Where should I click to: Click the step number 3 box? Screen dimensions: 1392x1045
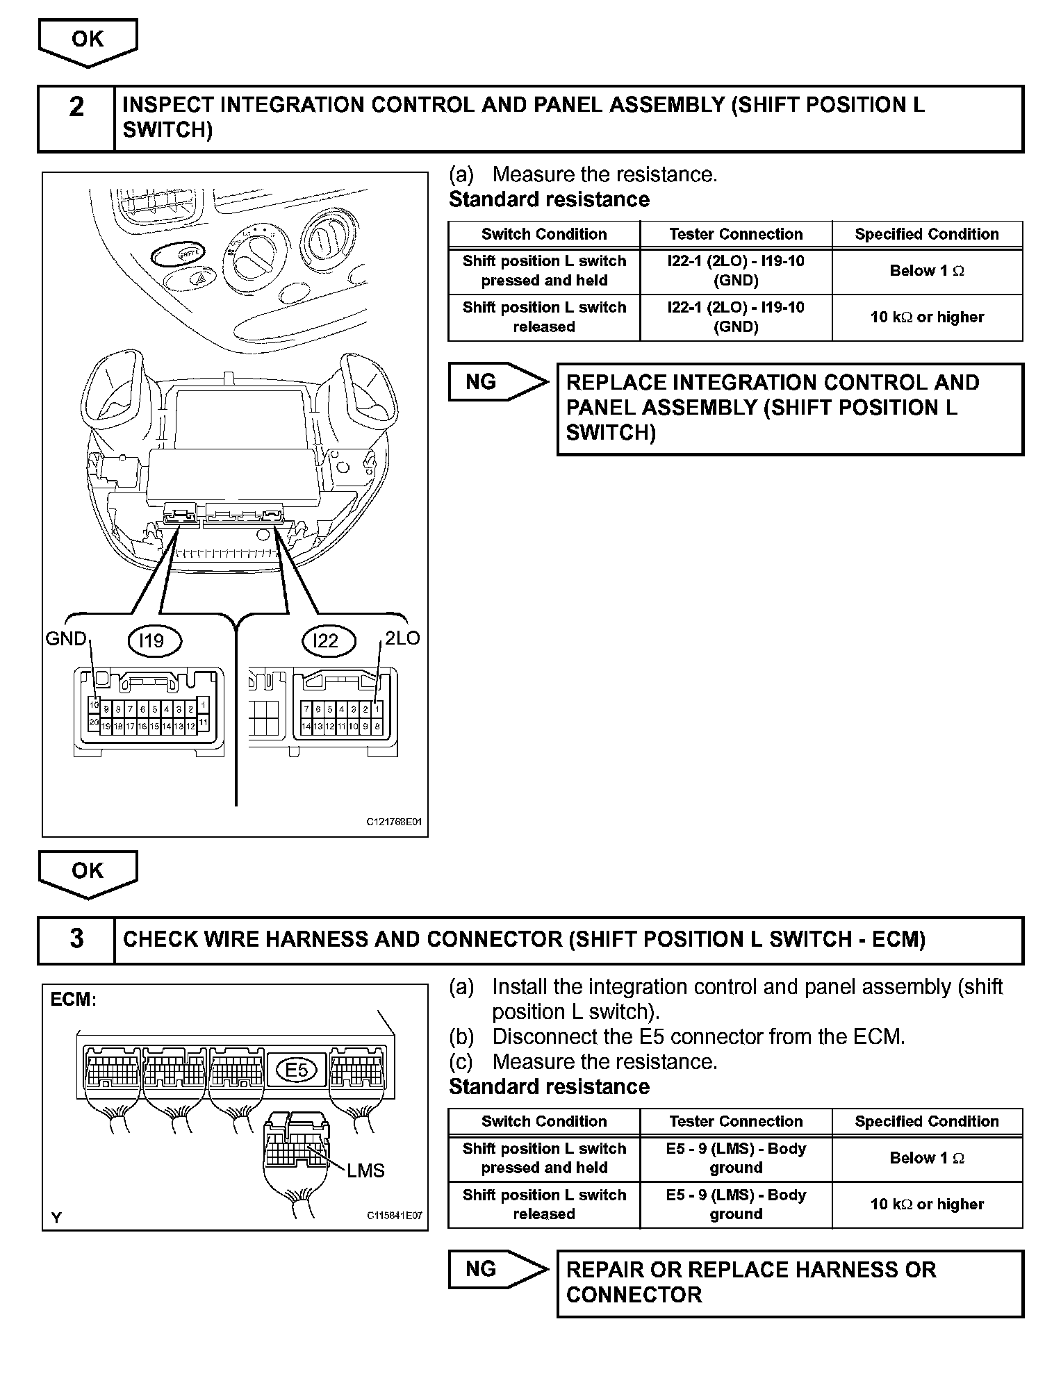point(76,939)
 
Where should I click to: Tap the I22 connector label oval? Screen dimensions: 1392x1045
point(326,640)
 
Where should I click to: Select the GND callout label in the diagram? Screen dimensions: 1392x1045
point(66,639)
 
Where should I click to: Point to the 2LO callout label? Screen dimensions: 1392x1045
point(402,638)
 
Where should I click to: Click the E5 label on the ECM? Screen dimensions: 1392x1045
point(297,1070)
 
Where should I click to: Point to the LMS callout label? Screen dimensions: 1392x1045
point(365,1171)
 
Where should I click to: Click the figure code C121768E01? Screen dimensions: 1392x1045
point(394,822)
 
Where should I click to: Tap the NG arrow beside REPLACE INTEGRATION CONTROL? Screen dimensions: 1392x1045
point(497,381)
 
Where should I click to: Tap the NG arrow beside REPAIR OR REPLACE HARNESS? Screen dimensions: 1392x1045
point(497,1269)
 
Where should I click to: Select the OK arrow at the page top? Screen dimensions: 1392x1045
point(88,40)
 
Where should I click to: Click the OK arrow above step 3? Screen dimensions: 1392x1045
point(88,872)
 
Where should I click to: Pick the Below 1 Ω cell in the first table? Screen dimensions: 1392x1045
point(927,271)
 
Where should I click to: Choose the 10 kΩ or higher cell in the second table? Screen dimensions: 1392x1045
point(927,1204)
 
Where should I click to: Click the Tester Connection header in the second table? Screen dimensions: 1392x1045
point(736,1121)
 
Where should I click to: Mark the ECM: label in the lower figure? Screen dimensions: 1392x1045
point(73,1000)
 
